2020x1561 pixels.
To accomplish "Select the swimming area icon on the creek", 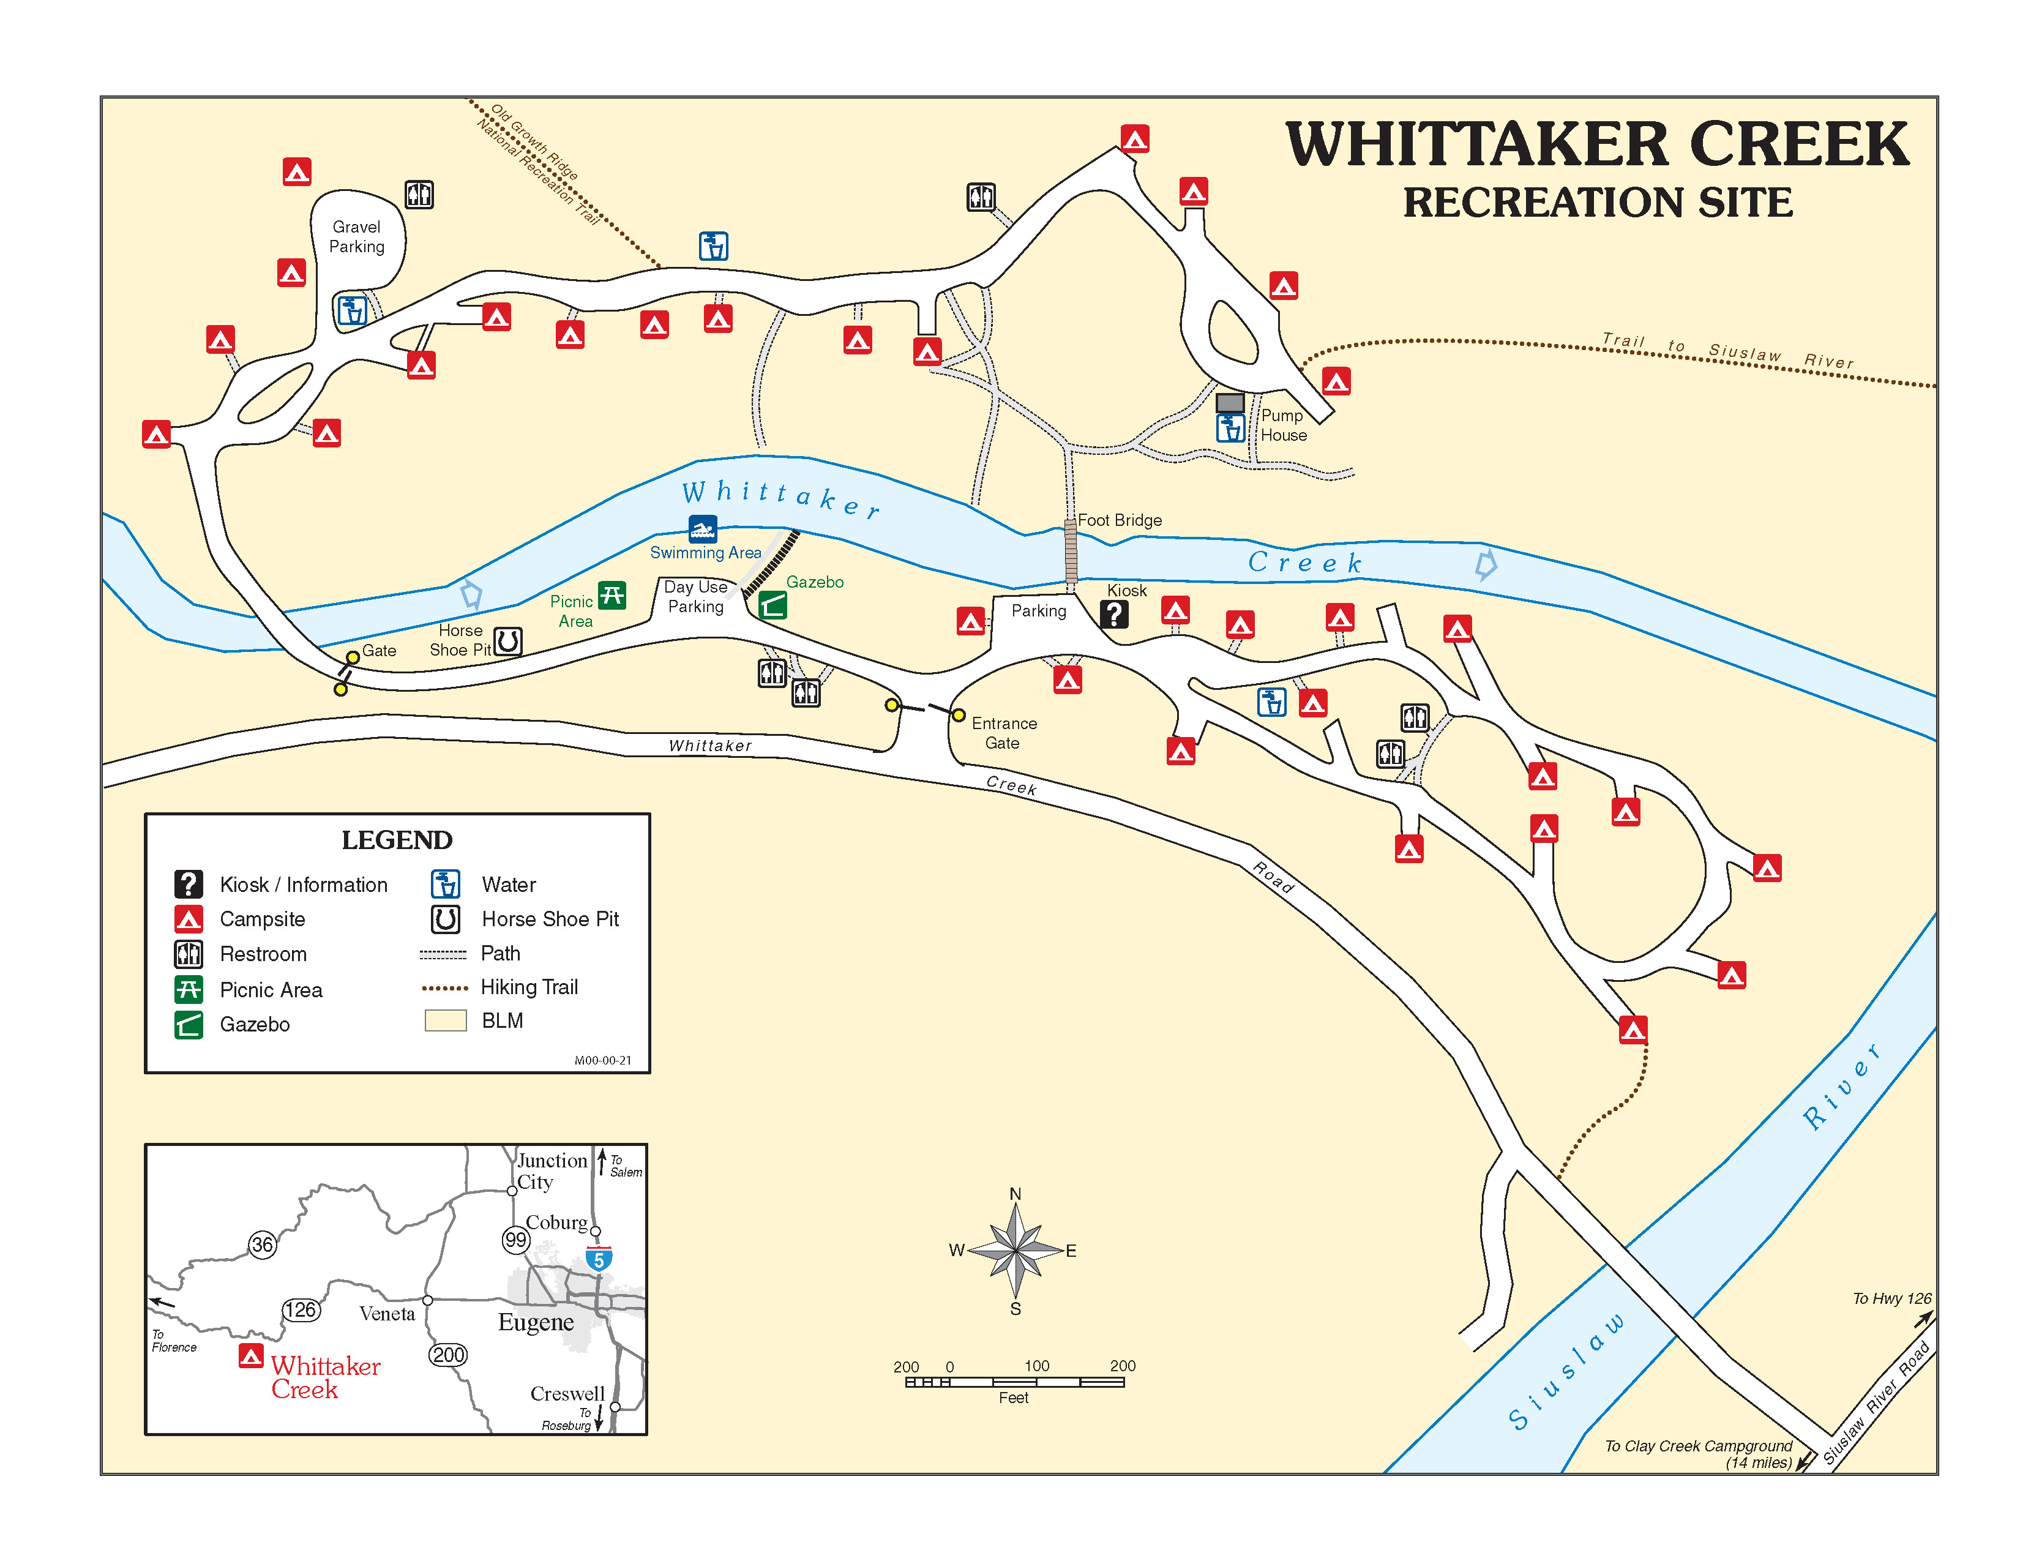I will pyautogui.click(x=702, y=529).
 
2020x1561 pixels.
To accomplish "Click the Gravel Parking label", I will pyautogui.click(x=356, y=237).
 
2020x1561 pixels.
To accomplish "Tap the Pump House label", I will pyautogui.click(x=1284, y=425).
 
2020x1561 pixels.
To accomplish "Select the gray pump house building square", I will pyautogui.click(x=1229, y=402).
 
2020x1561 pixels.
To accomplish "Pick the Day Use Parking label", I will pyautogui.click(x=695, y=596).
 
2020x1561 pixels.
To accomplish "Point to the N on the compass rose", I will pyautogui.click(x=1015, y=1194).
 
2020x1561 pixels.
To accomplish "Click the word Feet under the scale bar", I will pyautogui.click(x=1013, y=1398).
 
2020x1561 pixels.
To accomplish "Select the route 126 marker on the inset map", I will pyautogui.click(x=301, y=1309).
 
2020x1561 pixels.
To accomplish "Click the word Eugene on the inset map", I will pyautogui.click(x=536, y=1322).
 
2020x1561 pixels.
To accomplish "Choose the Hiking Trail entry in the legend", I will pyautogui.click(x=529, y=987).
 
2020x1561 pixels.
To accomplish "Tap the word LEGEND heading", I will pyautogui.click(x=397, y=840).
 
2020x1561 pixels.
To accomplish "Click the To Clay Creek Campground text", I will pyautogui.click(x=1698, y=1447).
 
